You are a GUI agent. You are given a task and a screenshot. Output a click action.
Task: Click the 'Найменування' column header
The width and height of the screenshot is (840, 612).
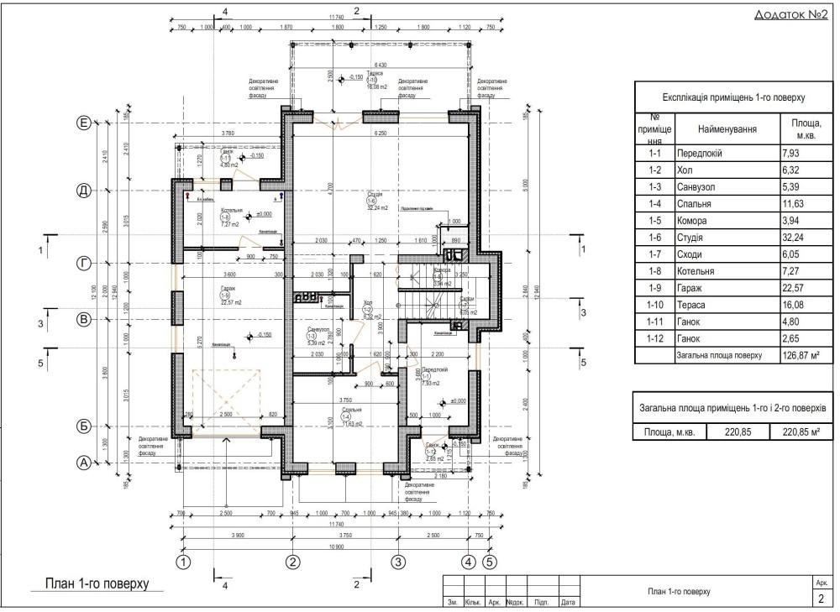(727, 129)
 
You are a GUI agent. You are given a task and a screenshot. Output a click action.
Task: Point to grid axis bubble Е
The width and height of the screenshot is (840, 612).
(83, 123)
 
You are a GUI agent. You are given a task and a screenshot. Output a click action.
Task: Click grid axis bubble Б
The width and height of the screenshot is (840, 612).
(83, 426)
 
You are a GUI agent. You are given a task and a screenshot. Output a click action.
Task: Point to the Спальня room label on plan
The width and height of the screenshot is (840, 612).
(340, 411)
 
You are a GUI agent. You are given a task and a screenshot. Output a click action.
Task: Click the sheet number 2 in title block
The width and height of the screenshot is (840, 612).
(820, 598)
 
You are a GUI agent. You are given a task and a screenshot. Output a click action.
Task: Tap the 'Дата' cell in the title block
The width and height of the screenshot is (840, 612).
(569, 602)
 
